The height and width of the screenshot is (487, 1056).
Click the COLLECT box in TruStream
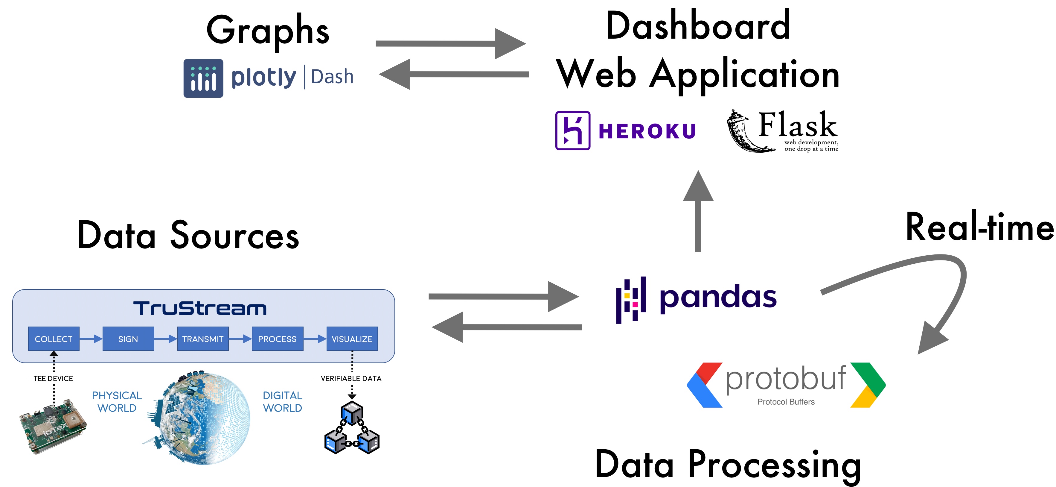(x=54, y=339)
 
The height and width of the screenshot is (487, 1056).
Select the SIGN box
(x=128, y=339)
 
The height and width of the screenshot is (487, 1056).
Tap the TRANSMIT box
(x=203, y=339)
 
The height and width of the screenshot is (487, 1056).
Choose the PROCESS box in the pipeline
(x=278, y=339)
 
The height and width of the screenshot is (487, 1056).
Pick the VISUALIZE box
(x=352, y=339)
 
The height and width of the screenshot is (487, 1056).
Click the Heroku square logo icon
(x=573, y=131)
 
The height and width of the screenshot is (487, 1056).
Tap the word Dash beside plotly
(x=332, y=77)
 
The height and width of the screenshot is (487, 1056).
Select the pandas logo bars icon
(x=631, y=300)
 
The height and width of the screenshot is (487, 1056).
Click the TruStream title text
(x=200, y=308)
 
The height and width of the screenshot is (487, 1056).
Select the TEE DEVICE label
(x=53, y=378)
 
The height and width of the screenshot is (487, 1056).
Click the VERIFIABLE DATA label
(x=351, y=378)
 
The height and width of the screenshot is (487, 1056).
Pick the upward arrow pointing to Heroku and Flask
(x=698, y=211)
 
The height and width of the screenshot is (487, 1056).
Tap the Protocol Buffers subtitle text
(x=786, y=402)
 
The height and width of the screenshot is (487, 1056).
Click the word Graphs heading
(x=268, y=31)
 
